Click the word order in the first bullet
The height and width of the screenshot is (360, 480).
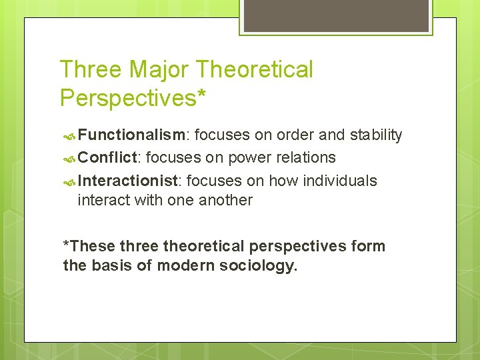(x=295, y=135)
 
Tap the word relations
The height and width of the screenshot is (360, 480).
(x=305, y=158)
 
